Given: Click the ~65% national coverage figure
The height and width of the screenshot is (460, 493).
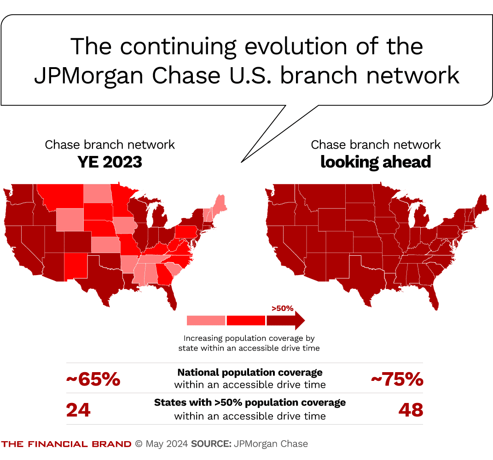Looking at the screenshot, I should pyautogui.click(x=93, y=379).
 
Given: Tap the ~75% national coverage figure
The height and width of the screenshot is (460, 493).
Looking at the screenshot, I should pyautogui.click(x=397, y=379).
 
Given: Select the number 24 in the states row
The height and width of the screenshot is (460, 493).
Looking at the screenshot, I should pyautogui.click(x=78, y=410).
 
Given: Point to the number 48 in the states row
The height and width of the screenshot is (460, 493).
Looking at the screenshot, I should pyautogui.click(x=410, y=410).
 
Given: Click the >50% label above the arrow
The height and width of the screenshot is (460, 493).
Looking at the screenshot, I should pyautogui.click(x=282, y=308).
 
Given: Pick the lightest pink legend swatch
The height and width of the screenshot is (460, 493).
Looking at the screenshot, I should pyautogui.click(x=206, y=320).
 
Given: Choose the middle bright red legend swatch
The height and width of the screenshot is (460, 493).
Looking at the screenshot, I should pyautogui.click(x=246, y=320).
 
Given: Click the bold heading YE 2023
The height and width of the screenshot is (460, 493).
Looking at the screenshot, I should pyautogui.click(x=110, y=162).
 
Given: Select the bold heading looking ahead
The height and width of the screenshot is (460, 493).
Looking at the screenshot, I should pyautogui.click(x=376, y=162).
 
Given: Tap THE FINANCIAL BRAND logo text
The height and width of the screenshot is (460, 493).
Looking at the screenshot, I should pyautogui.click(x=66, y=444).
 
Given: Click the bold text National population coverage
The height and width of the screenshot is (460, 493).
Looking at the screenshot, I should pyautogui.click(x=250, y=372).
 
